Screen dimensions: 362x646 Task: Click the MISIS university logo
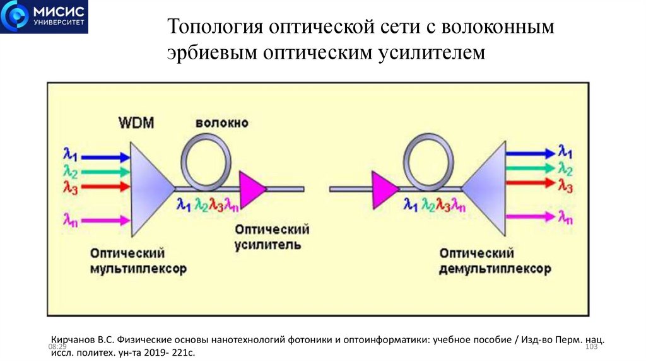point(44,17)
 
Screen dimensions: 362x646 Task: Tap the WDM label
point(136,122)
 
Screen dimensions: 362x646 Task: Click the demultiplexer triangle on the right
point(488,188)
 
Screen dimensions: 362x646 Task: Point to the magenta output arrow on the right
point(529,217)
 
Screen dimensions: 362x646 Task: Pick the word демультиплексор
point(495,269)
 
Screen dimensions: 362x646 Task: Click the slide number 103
point(592,347)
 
